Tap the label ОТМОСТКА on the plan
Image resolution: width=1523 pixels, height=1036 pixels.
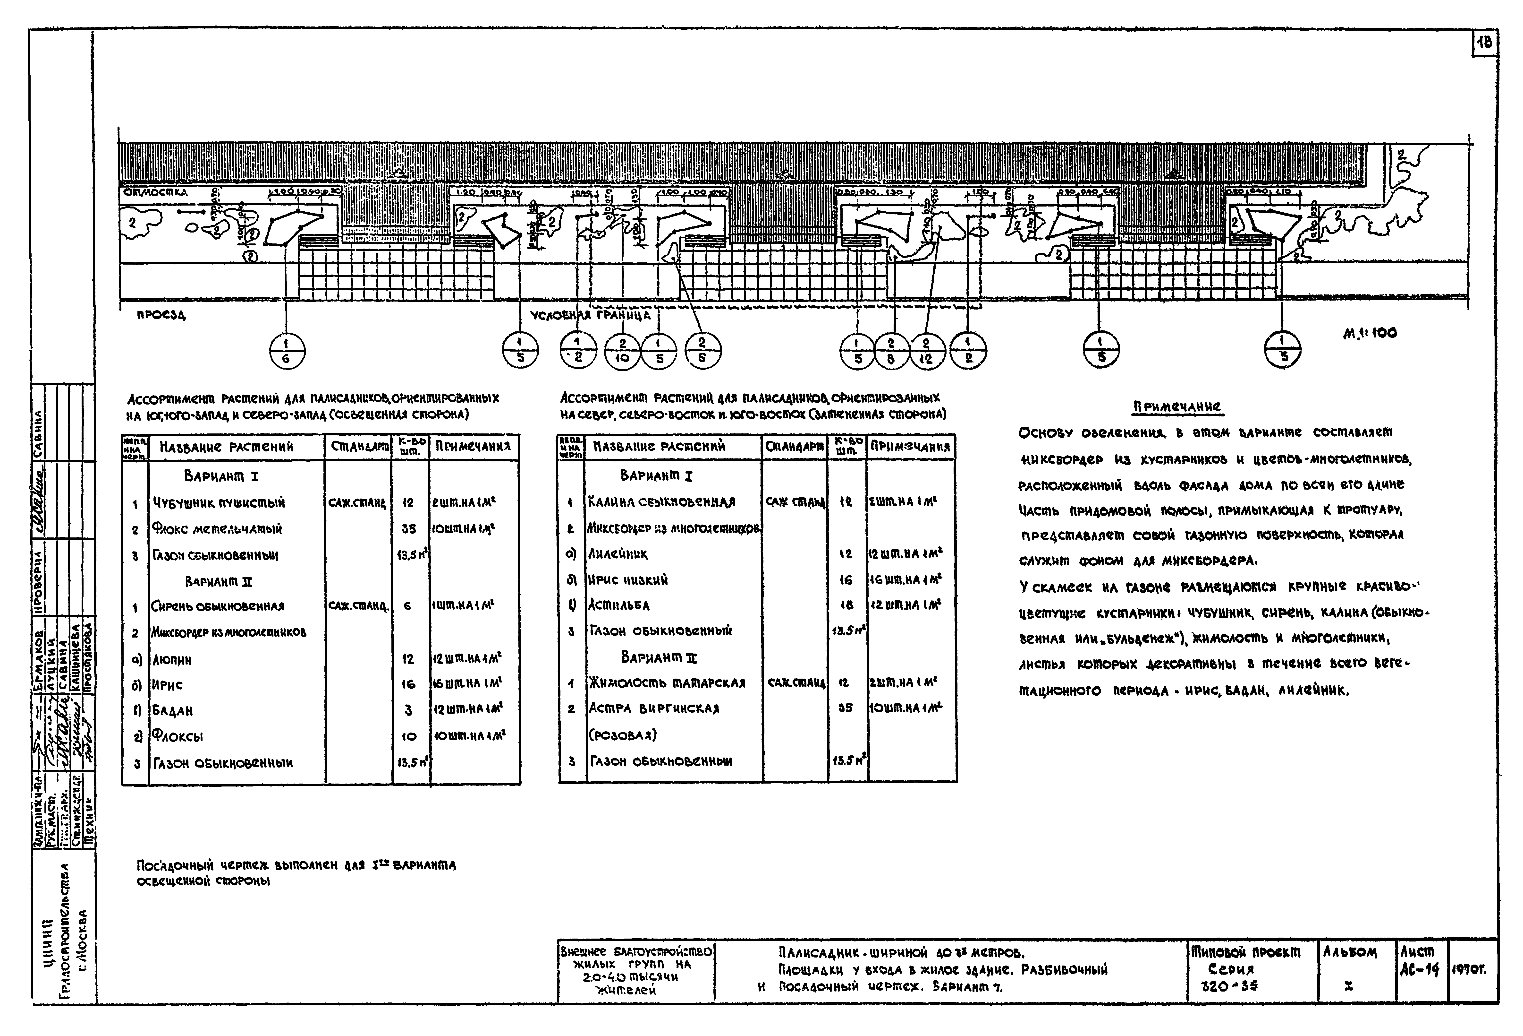pyautogui.click(x=156, y=193)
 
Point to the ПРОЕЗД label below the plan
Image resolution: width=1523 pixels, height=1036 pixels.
pyautogui.click(x=161, y=315)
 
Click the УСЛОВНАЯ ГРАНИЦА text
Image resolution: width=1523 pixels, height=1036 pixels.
pyautogui.click(x=590, y=315)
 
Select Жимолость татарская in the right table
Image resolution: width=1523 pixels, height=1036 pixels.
pyautogui.click(x=667, y=682)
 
